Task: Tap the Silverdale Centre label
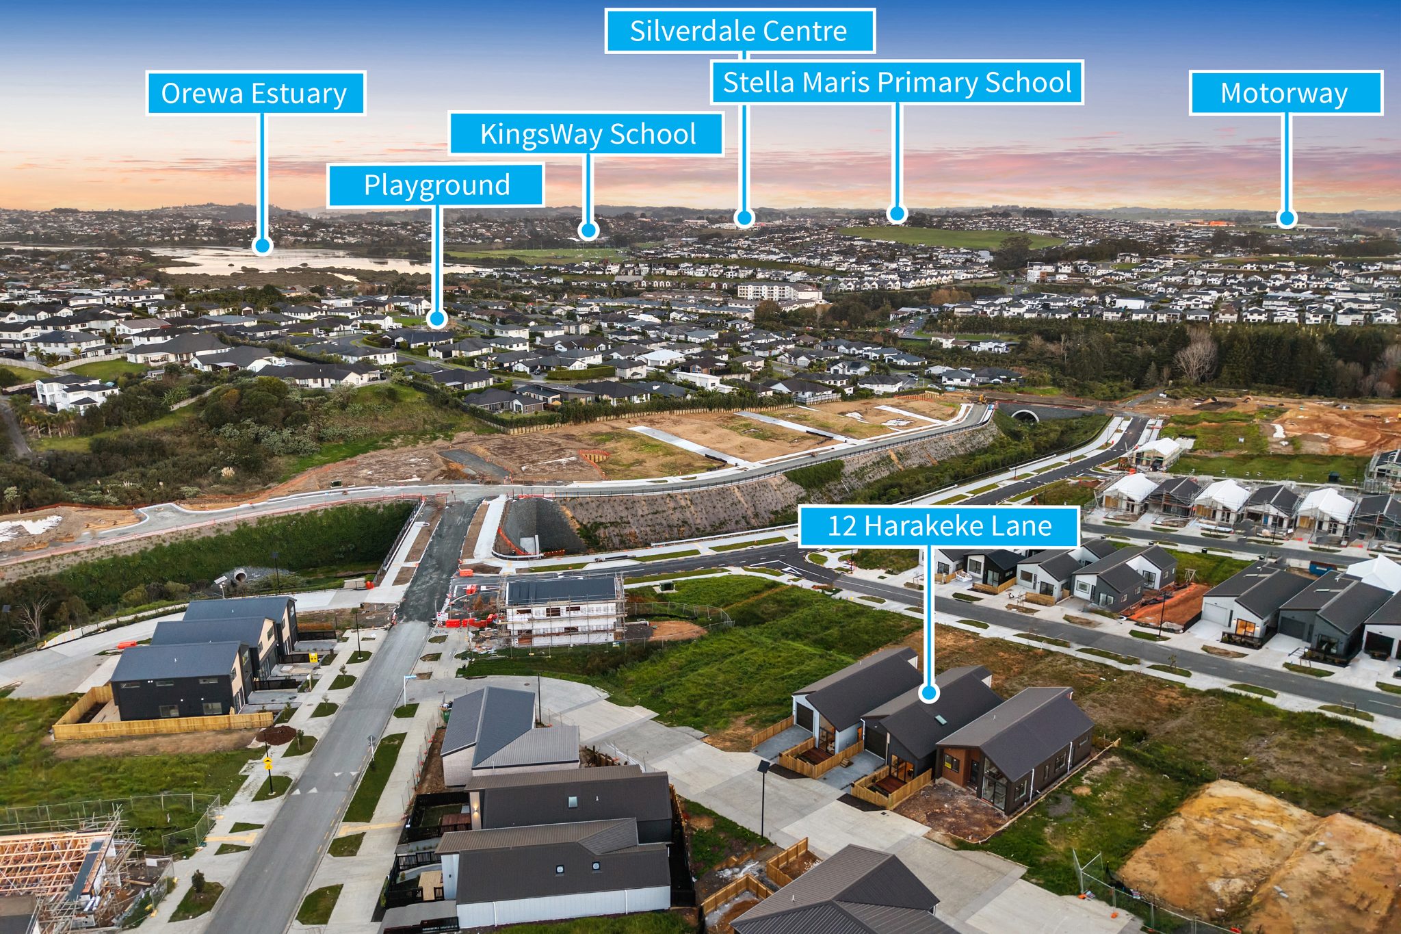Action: pyautogui.click(x=739, y=31)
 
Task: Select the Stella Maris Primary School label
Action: pyautogui.click(x=897, y=82)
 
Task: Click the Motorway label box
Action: pyautogui.click(x=1285, y=93)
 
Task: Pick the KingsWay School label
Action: pyautogui.click(x=586, y=134)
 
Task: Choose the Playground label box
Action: pyautogui.click(x=436, y=185)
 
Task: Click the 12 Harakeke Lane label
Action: pyautogui.click(x=939, y=526)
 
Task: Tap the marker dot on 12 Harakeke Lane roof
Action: pyautogui.click(x=928, y=693)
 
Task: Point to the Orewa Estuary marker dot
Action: pyautogui.click(x=261, y=245)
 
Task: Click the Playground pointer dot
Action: pyautogui.click(x=438, y=318)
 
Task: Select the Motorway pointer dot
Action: pyautogui.click(x=1287, y=218)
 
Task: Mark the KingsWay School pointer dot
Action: pyautogui.click(x=588, y=230)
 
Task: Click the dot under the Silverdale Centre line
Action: pyautogui.click(x=744, y=218)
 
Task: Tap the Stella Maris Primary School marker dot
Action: pyautogui.click(x=897, y=214)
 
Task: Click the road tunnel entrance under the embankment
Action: pyautogui.click(x=1024, y=415)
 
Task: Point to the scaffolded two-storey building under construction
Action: pyautogui.click(x=564, y=610)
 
